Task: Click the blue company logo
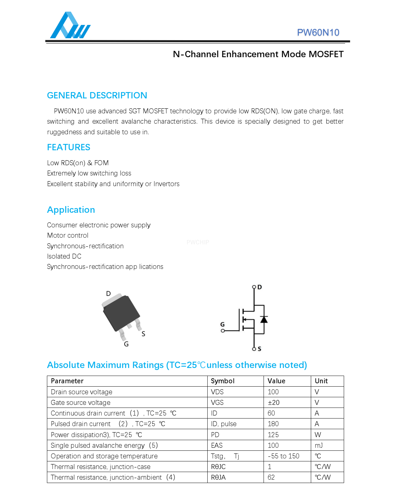pos(70,26)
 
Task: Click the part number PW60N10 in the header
pos(318,33)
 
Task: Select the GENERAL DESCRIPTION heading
pos(97,95)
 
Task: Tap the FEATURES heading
pos(69,147)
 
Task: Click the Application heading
pos(71,210)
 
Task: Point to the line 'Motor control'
pos(68,235)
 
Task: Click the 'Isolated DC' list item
pos(64,256)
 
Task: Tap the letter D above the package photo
pos(108,294)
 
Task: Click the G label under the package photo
pos(126,344)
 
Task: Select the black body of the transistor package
pos(121,312)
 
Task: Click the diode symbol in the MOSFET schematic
pos(264,319)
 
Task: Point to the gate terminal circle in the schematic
pos(223,331)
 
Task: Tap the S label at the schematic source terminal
pos(260,349)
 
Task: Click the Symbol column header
pos(223,381)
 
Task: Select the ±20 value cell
pos(274,403)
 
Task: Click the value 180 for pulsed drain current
pos(273,424)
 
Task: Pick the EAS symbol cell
pos(217,445)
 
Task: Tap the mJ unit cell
pos(318,445)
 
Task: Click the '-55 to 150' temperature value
pos(284,456)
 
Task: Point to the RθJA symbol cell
pos(218,477)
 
